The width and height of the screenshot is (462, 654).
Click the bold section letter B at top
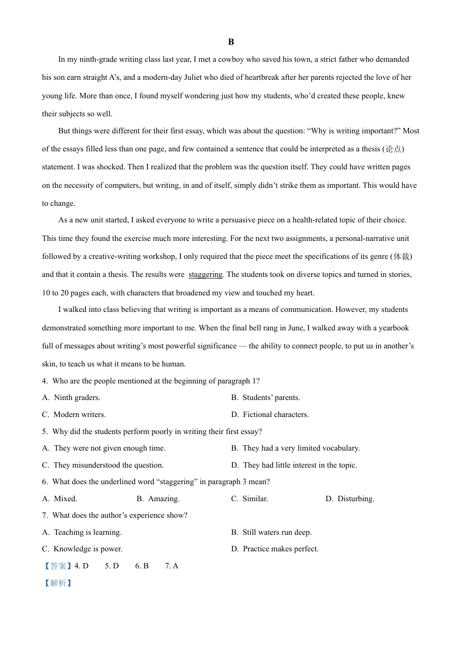click(x=231, y=42)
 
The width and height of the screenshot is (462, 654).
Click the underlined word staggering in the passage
click(x=205, y=274)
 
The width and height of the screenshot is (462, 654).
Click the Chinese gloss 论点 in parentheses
click(x=393, y=149)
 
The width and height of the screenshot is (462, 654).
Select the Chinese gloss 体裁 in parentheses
click(x=401, y=256)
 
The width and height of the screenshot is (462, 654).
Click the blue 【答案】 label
click(x=58, y=566)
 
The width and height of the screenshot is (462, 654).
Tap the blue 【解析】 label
click(x=58, y=583)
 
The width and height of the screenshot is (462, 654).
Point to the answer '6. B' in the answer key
click(x=142, y=566)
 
